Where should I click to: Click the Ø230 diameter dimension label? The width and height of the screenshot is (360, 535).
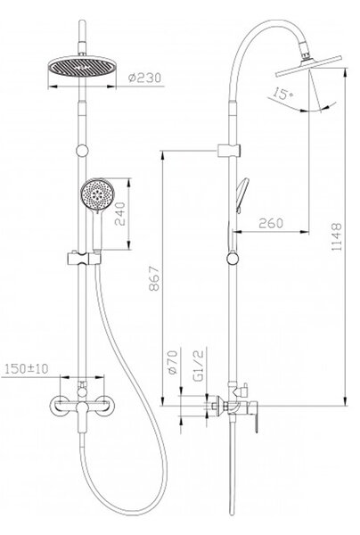(x=144, y=78)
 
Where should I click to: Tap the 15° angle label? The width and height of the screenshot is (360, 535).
(x=283, y=94)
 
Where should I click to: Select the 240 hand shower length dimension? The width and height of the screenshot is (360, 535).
(x=120, y=214)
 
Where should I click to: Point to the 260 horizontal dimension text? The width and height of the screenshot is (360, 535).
(x=271, y=223)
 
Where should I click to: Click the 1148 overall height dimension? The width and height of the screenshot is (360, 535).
(x=337, y=237)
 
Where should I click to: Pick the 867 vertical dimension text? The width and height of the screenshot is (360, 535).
(x=154, y=278)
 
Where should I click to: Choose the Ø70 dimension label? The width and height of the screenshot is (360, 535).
(x=173, y=362)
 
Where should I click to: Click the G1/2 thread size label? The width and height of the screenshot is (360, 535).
(x=198, y=365)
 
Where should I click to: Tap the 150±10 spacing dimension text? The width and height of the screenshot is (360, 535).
(x=26, y=369)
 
